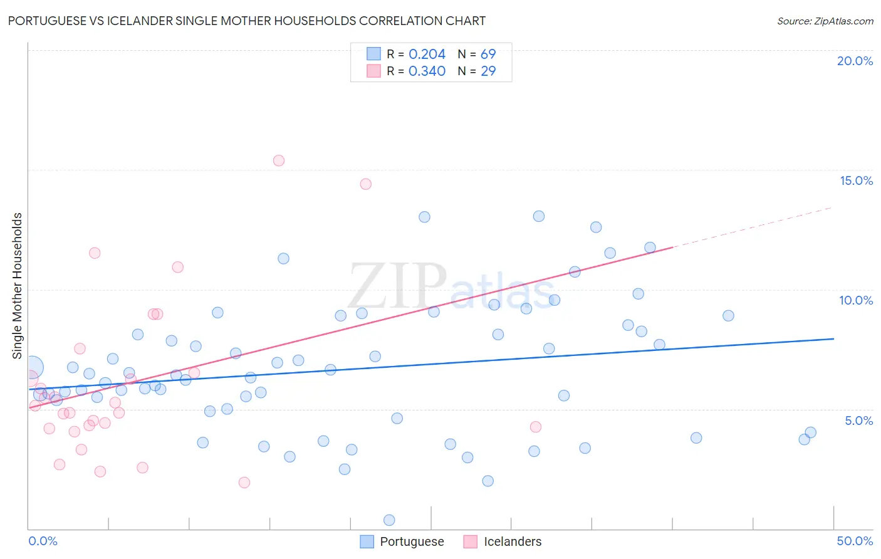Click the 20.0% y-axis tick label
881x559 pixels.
pos(855,61)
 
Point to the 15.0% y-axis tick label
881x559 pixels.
pos(856,180)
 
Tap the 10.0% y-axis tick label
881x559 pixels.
pos(856,300)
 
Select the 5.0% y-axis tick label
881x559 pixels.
pos(858,421)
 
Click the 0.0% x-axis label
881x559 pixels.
pos(43,541)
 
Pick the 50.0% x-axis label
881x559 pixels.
pos(855,541)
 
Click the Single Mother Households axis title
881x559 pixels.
pos(17,286)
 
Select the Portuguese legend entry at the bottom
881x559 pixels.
pos(402,541)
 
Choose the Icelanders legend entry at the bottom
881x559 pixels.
pos(503,541)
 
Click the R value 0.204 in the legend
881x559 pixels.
pos(427,55)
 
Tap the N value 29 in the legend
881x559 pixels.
pos(488,71)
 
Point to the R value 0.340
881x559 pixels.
pos(427,71)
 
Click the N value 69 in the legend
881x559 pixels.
pos(488,55)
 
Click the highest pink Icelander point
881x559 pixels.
pos(279,160)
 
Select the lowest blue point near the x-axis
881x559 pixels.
pos(389,520)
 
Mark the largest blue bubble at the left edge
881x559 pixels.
pos(33,367)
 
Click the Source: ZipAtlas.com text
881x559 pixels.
pos(825,21)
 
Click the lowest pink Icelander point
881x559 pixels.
pos(244,483)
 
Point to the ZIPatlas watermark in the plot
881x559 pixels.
pos(451,287)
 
